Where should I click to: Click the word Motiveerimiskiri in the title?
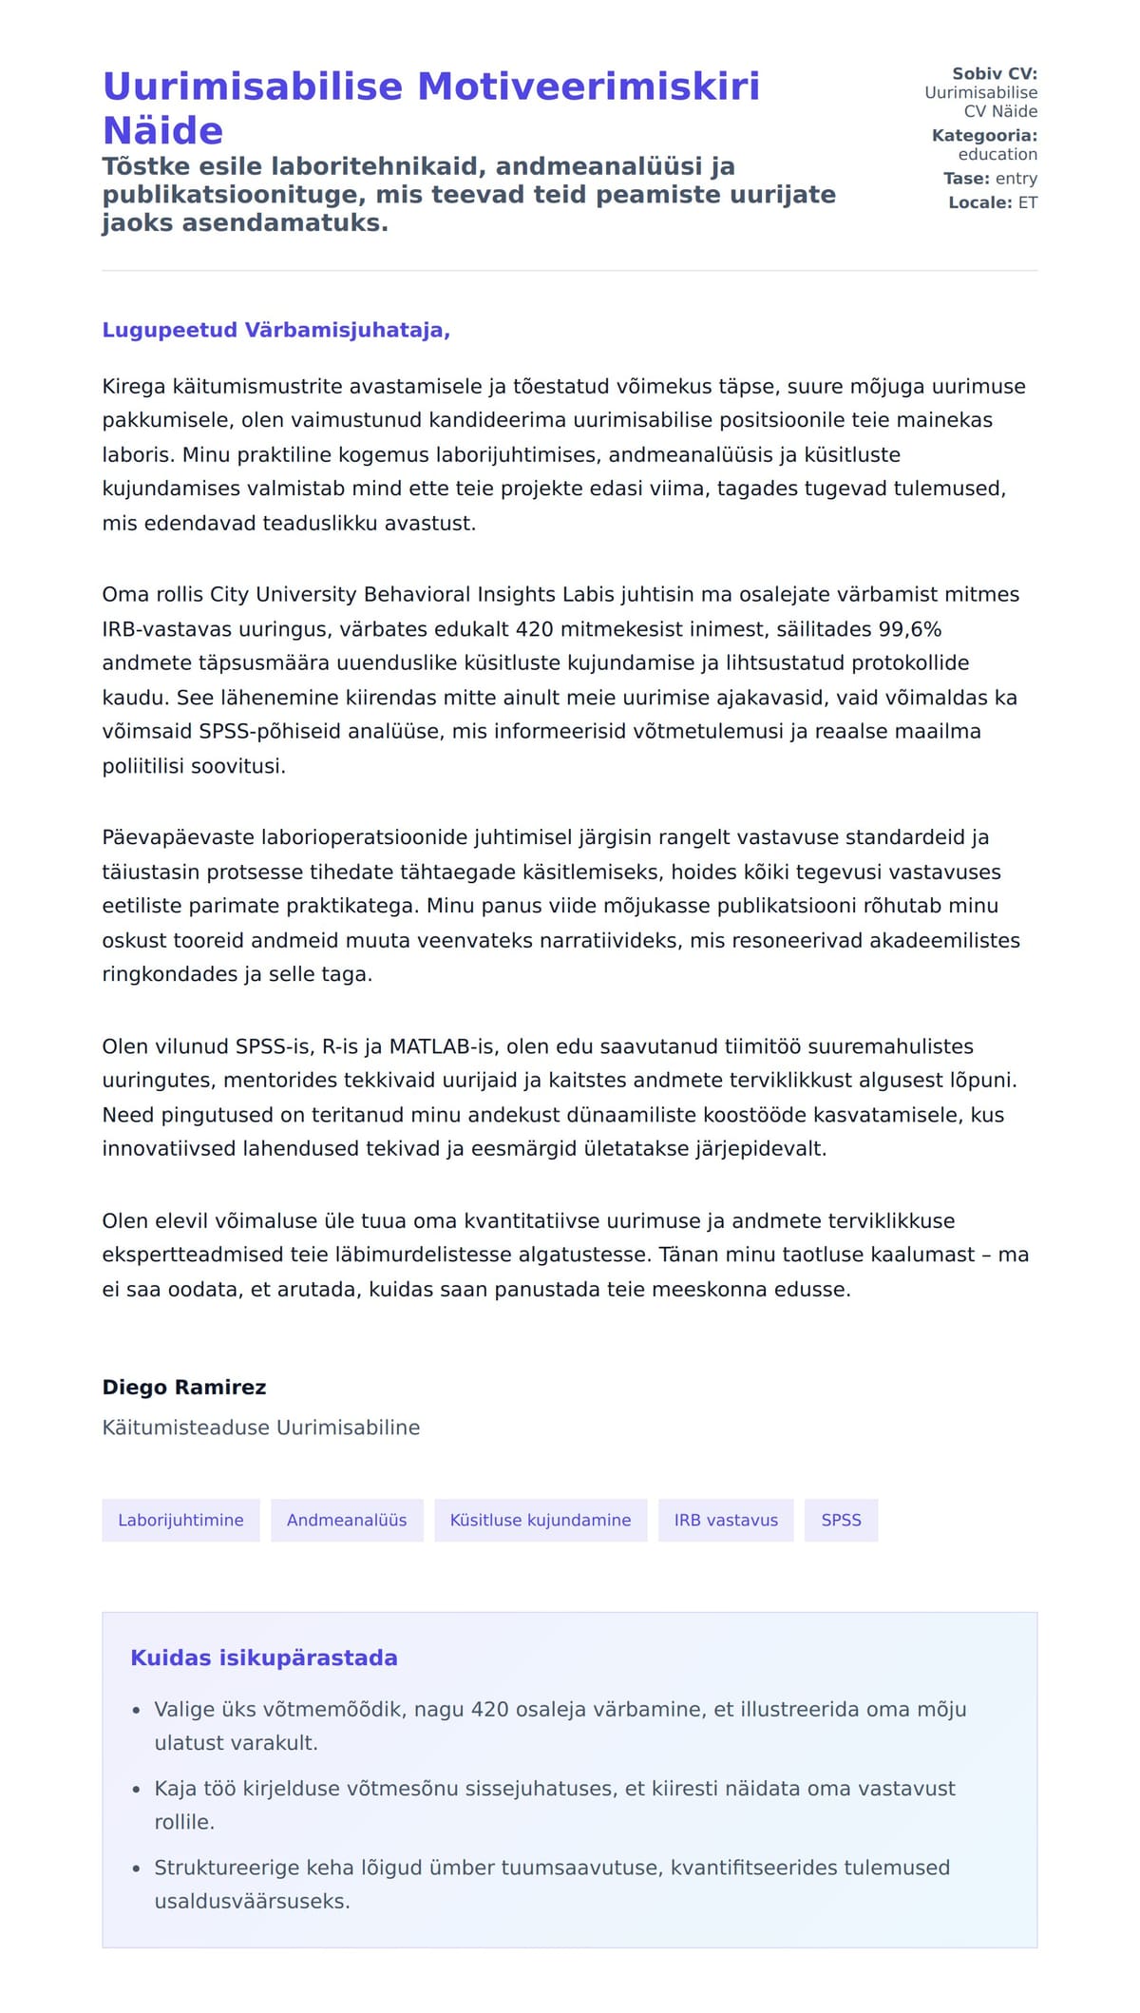click(588, 86)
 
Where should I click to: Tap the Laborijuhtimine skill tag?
click(180, 1520)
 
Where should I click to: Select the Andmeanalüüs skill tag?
click(347, 1520)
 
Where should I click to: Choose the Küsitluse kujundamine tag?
click(541, 1520)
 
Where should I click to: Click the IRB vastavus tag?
click(726, 1520)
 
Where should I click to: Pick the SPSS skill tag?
click(841, 1520)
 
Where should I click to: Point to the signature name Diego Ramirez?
click(184, 1387)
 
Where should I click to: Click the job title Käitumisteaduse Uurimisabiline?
click(261, 1427)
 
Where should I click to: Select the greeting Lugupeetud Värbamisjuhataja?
click(275, 330)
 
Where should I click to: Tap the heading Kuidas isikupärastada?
click(264, 1658)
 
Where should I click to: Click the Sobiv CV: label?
click(995, 73)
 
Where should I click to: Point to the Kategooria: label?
click(984, 135)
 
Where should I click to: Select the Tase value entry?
click(1016, 178)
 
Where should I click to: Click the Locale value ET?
click(1028, 202)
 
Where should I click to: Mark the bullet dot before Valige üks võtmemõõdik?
click(136, 1710)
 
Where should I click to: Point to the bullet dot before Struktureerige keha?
click(136, 1868)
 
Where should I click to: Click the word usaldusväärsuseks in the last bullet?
click(252, 1901)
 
